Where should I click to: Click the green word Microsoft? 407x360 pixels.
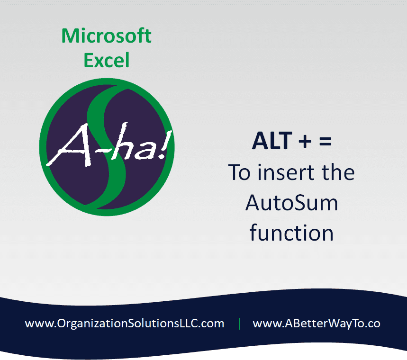pyautogui.click(x=107, y=36)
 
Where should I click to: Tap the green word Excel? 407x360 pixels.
pyautogui.click(x=107, y=60)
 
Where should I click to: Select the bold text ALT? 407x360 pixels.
pyautogui.click(x=272, y=141)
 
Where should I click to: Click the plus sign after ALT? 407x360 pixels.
pyautogui.click(x=305, y=142)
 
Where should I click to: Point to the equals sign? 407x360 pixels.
pyautogui.click(x=325, y=142)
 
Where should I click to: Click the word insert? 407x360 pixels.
pyautogui.click(x=286, y=172)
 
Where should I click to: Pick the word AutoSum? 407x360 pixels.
pyautogui.click(x=291, y=203)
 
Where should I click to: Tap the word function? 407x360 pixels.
pyautogui.click(x=291, y=232)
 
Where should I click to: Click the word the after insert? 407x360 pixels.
pyautogui.click(x=338, y=172)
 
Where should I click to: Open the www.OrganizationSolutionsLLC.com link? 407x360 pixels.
pyautogui.click(x=124, y=324)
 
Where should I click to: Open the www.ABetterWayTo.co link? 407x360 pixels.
pyautogui.click(x=317, y=324)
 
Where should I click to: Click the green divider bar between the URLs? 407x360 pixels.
pyautogui.click(x=239, y=324)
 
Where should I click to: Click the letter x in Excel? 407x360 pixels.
pyautogui.click(x=101, y=62)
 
